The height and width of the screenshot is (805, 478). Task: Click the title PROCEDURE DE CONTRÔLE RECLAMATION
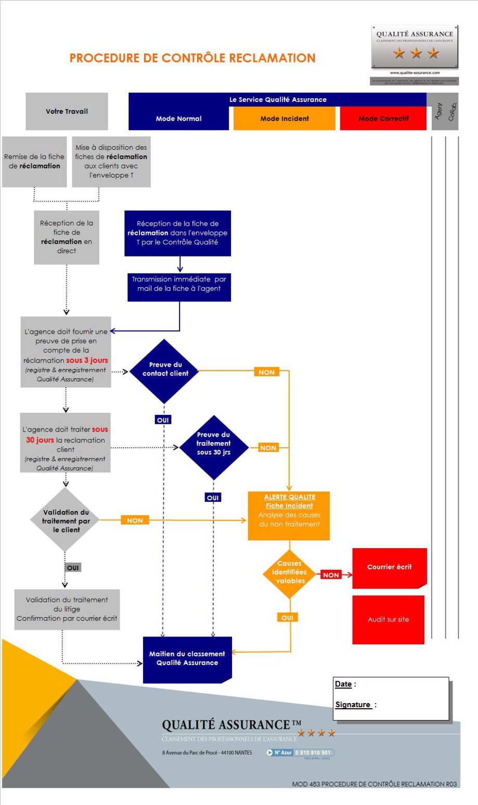click(192, 58)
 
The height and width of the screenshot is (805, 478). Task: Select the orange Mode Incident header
click(285, 119)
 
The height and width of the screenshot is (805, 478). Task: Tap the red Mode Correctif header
click(383, 119)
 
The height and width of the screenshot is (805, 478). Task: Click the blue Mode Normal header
click(178, 119)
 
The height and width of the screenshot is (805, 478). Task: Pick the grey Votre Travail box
click(67, 111)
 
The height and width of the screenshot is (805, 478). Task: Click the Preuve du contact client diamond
click(165, 370)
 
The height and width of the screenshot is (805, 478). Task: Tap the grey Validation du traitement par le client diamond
click(66, 520)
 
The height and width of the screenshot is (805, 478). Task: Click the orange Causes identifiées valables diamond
click(290, 573)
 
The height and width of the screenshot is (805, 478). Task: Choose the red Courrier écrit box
click(389, 567)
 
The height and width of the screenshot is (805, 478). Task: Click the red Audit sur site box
click(388, 619)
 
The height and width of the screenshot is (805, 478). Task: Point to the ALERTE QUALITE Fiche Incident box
click(289, 514)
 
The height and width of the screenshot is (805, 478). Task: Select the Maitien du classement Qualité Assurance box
click(187, 659)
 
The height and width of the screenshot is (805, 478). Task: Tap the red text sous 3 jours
click(87, 360)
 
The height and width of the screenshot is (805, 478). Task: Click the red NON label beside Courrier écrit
click(331, 575)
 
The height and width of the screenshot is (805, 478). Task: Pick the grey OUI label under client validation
click(73, 568)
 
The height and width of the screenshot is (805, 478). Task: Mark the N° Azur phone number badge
click(300, 752)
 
